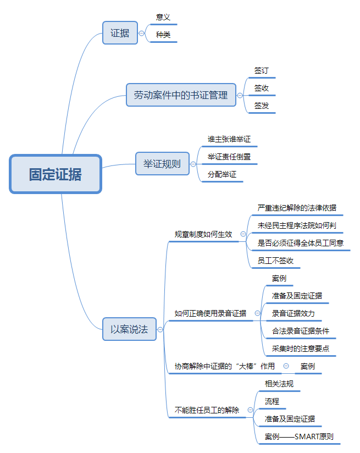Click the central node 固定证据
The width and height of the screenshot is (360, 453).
pos(56,174)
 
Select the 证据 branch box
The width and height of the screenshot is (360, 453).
pos(120,33)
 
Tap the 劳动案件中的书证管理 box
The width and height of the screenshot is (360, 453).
pos(180,95)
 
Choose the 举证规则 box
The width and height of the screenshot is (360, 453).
pos(162,163)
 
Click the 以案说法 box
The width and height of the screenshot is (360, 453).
pos(129,329)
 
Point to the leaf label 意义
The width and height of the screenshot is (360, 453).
pos(163,18)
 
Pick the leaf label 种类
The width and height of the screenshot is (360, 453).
pos(163,35)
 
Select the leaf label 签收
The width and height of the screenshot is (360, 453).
pos(262,88)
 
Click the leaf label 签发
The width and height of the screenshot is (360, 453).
pos(262,106)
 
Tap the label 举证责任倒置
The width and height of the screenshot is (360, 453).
pos(229,157)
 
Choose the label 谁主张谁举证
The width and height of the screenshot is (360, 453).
pos(229,140)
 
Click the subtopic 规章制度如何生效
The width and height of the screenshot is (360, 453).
pos(203,234)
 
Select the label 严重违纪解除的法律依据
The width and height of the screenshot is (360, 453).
pos(297,208)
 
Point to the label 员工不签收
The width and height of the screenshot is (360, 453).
pos(275,261)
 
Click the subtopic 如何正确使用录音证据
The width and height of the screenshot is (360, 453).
pos(211,313)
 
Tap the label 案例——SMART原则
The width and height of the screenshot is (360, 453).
pos(299,437)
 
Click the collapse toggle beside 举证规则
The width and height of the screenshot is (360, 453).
pos(193,164)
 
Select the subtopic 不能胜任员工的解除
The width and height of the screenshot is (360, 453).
pos(207,410)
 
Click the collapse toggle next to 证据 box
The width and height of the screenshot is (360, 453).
pos(142,33)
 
